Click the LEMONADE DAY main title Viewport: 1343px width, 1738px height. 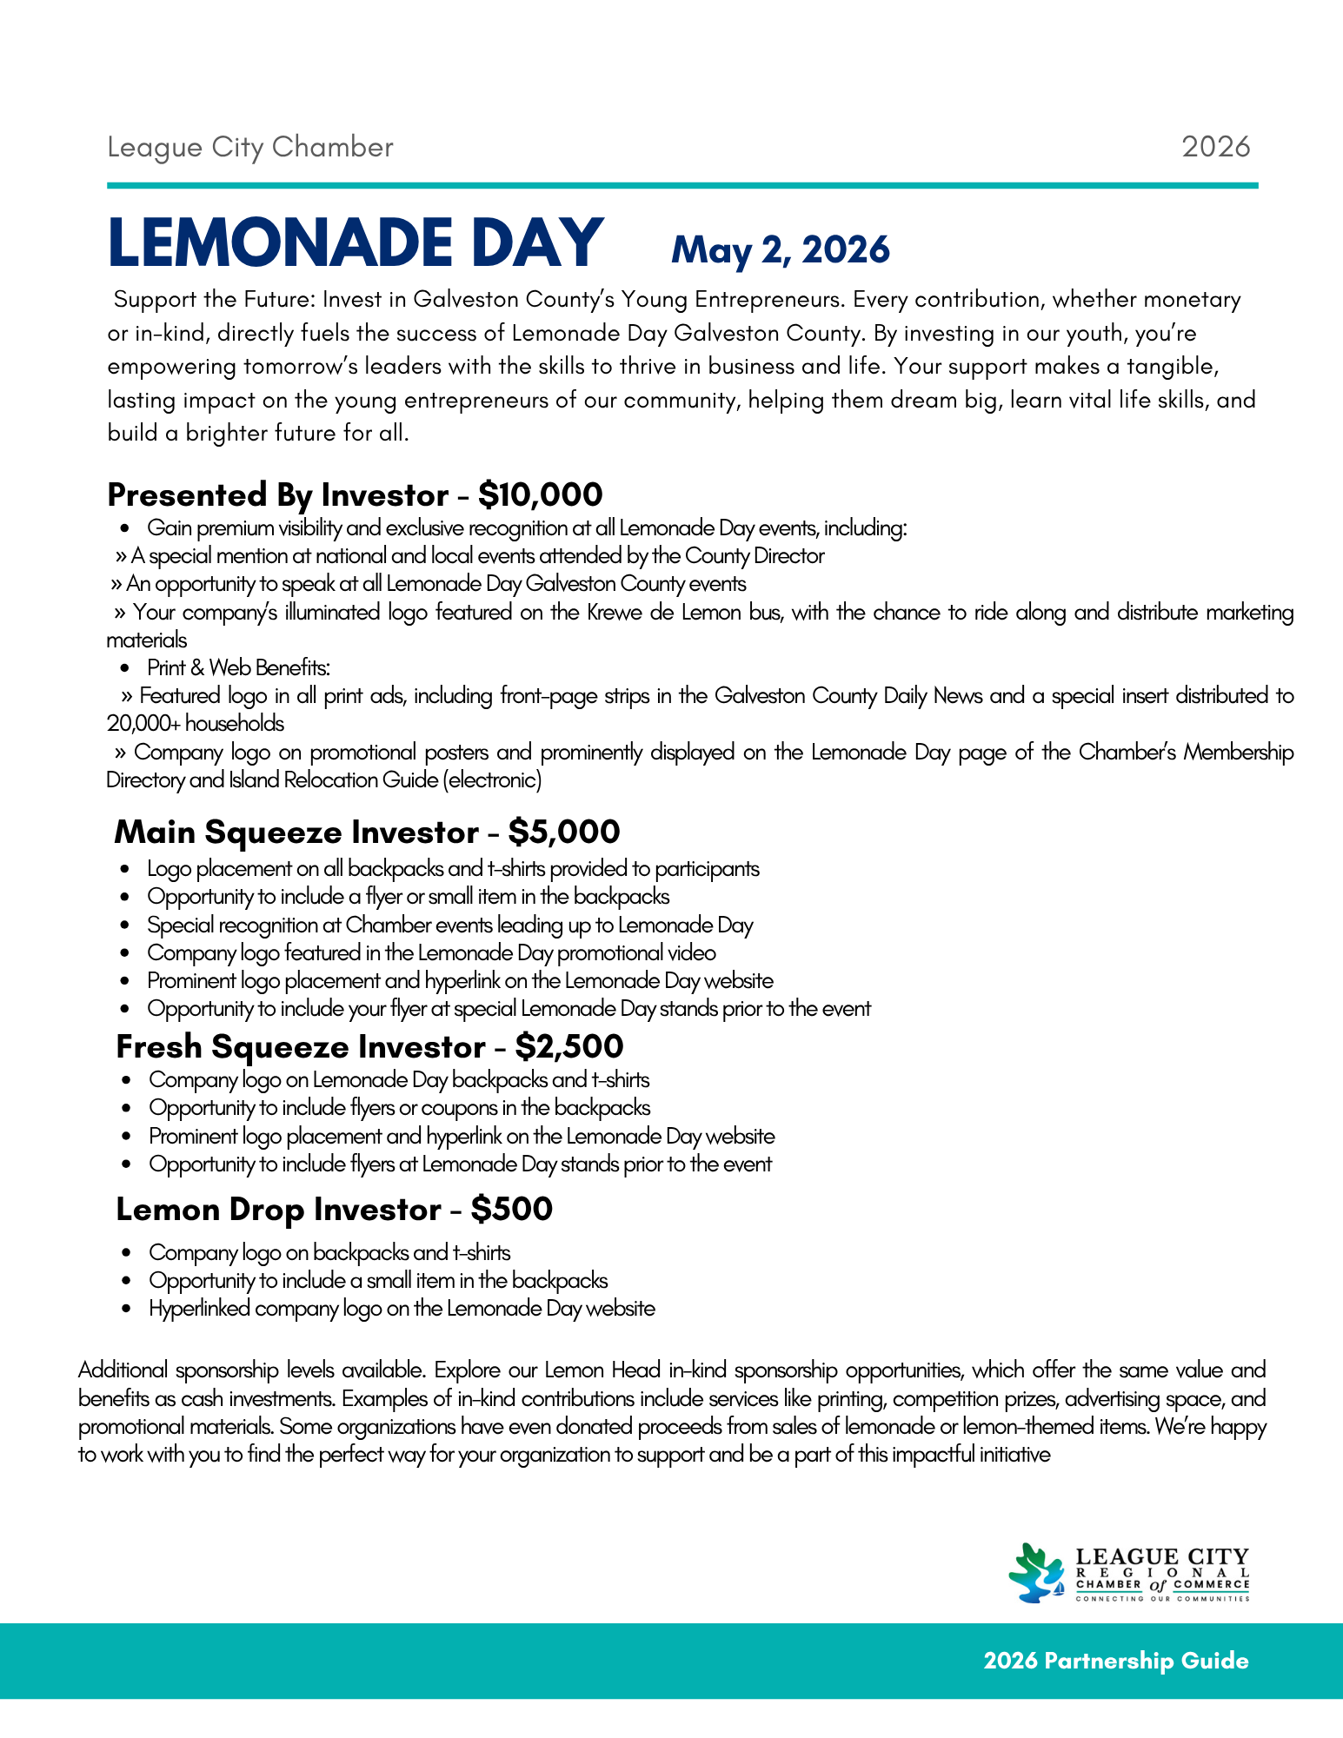[x=355, y=242]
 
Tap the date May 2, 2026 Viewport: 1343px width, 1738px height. [x=780, y=250]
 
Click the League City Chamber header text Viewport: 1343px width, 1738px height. [x=250, y=148]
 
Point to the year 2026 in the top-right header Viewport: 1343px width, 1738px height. [x=1215, y=147]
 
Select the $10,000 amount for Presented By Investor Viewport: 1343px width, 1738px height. [x=540, y=495]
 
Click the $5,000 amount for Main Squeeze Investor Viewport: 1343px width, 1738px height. [x=563, y=833]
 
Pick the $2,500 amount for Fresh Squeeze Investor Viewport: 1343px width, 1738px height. [x=568, y=1047]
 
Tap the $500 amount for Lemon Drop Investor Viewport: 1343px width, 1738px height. [x=511, y=1210]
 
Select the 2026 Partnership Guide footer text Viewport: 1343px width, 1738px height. [x=1115, y=1661]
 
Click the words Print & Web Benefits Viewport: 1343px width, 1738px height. [x=238, y=668]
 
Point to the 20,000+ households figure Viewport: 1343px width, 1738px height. [x=196, y=724]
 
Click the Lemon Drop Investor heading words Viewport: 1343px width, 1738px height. [x=278, y=1210]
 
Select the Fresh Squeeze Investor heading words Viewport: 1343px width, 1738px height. [x=300, y=1047]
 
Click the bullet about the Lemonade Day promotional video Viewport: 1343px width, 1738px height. [x=431, y=953]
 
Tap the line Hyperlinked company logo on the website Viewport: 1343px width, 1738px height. [x=402, y=1309]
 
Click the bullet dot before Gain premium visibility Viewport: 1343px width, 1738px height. [x=127, y=528]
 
